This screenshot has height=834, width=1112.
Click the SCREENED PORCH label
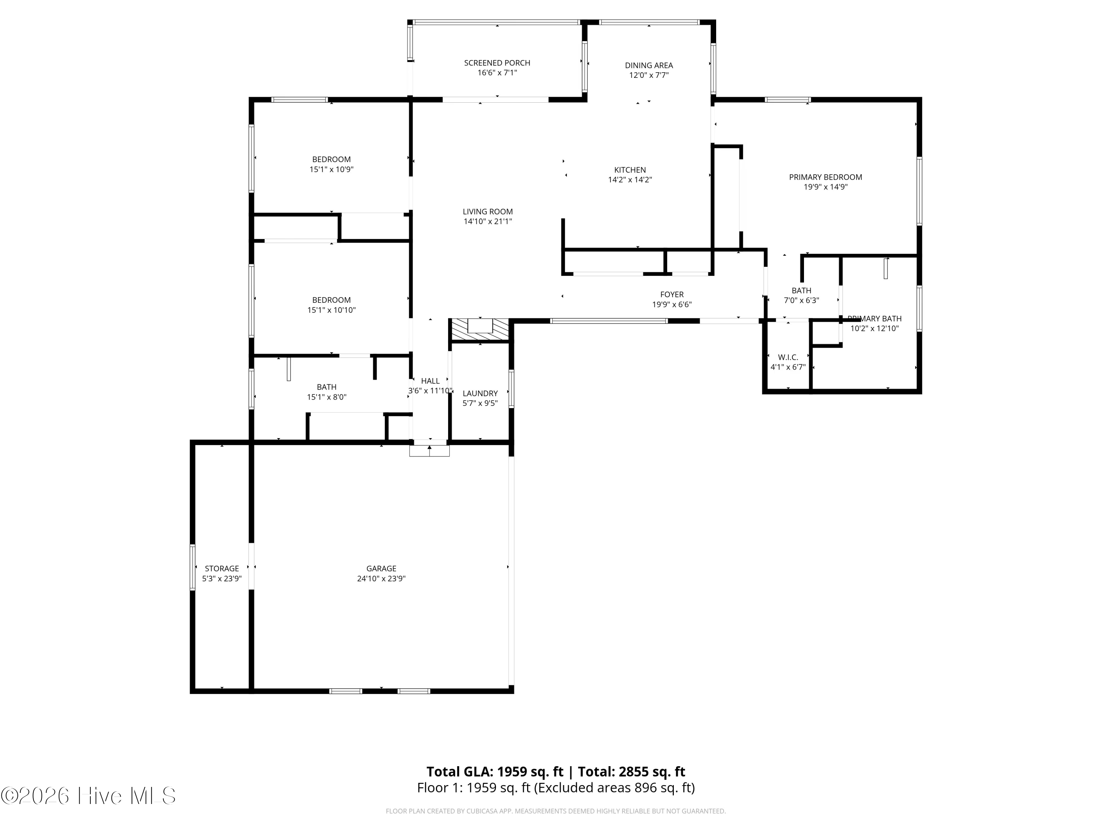[497, 63]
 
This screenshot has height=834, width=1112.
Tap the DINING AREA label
[649, 65]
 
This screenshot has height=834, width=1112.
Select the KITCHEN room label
[630, 170]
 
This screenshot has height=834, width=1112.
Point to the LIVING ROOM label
[488, 212]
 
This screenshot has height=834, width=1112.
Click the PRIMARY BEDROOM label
[825, 177]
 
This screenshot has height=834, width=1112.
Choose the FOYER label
[672, 295]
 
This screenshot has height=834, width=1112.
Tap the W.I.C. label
[788, 357]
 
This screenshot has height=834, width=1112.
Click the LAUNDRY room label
[480, 394]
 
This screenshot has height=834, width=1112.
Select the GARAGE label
[381, 569]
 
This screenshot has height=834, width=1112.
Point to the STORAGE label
[222, 569]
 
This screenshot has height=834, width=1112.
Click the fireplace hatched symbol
[480, 330]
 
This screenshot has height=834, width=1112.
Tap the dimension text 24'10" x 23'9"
[381, 579]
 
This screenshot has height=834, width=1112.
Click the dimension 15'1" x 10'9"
[331, 169]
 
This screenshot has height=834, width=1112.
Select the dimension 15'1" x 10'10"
[331, 310]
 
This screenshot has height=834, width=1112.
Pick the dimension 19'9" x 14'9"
[825, 187]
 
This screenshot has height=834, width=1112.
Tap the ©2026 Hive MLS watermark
[89, 796]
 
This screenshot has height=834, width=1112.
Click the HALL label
[430, 381]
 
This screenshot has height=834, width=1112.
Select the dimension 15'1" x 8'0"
[327, 397]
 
